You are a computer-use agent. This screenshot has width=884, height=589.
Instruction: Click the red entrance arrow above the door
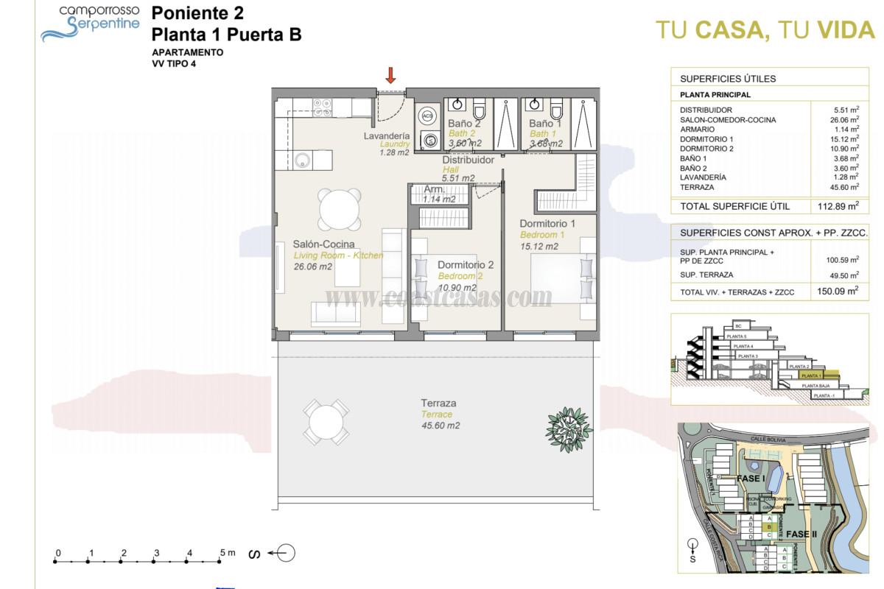click(x=391, y=74)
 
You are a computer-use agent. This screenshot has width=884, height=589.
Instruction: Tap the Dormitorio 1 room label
click(x=547, y=223)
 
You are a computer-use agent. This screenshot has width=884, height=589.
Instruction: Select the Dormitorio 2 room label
click(x=466, y=265)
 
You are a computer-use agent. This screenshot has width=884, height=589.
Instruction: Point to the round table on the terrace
click(x=326, y=422)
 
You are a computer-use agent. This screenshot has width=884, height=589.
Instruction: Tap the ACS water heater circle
click(x=428, y=116)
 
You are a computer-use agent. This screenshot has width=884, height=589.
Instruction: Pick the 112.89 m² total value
click(x=838, y=207)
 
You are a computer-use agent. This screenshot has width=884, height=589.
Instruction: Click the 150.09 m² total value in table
click(x=838, y=292)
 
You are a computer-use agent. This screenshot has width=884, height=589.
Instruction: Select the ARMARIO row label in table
click(x=697, y=130)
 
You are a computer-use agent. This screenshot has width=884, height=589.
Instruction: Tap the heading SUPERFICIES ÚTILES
click(x=727, y=79)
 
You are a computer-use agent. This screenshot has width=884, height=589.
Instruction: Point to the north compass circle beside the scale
click(x=288, y=553)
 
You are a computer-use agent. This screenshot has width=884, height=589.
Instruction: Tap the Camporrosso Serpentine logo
click(x=90, y=23)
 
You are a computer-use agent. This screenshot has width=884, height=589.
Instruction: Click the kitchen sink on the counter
click(x=301, y=160)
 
